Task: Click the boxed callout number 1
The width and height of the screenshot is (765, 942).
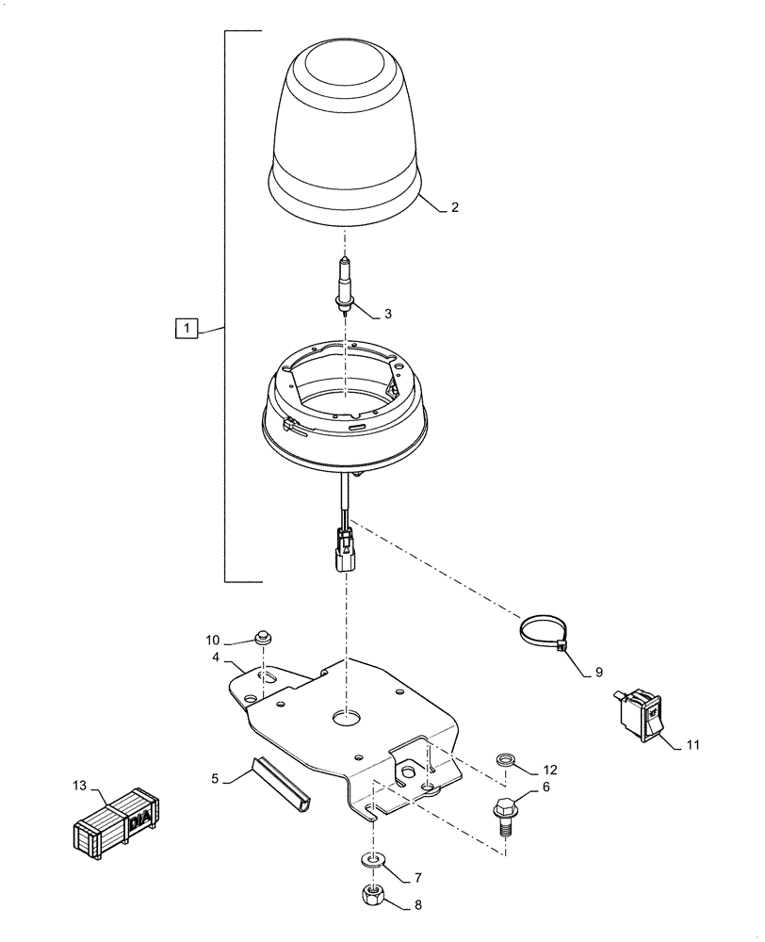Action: click(x=187, y=329)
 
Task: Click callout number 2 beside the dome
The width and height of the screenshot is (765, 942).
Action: click(x=455, y=208)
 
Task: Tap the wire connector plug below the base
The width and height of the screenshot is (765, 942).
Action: click(x=345, y=549)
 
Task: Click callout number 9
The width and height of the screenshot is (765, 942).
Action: click(x=597, y=673)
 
